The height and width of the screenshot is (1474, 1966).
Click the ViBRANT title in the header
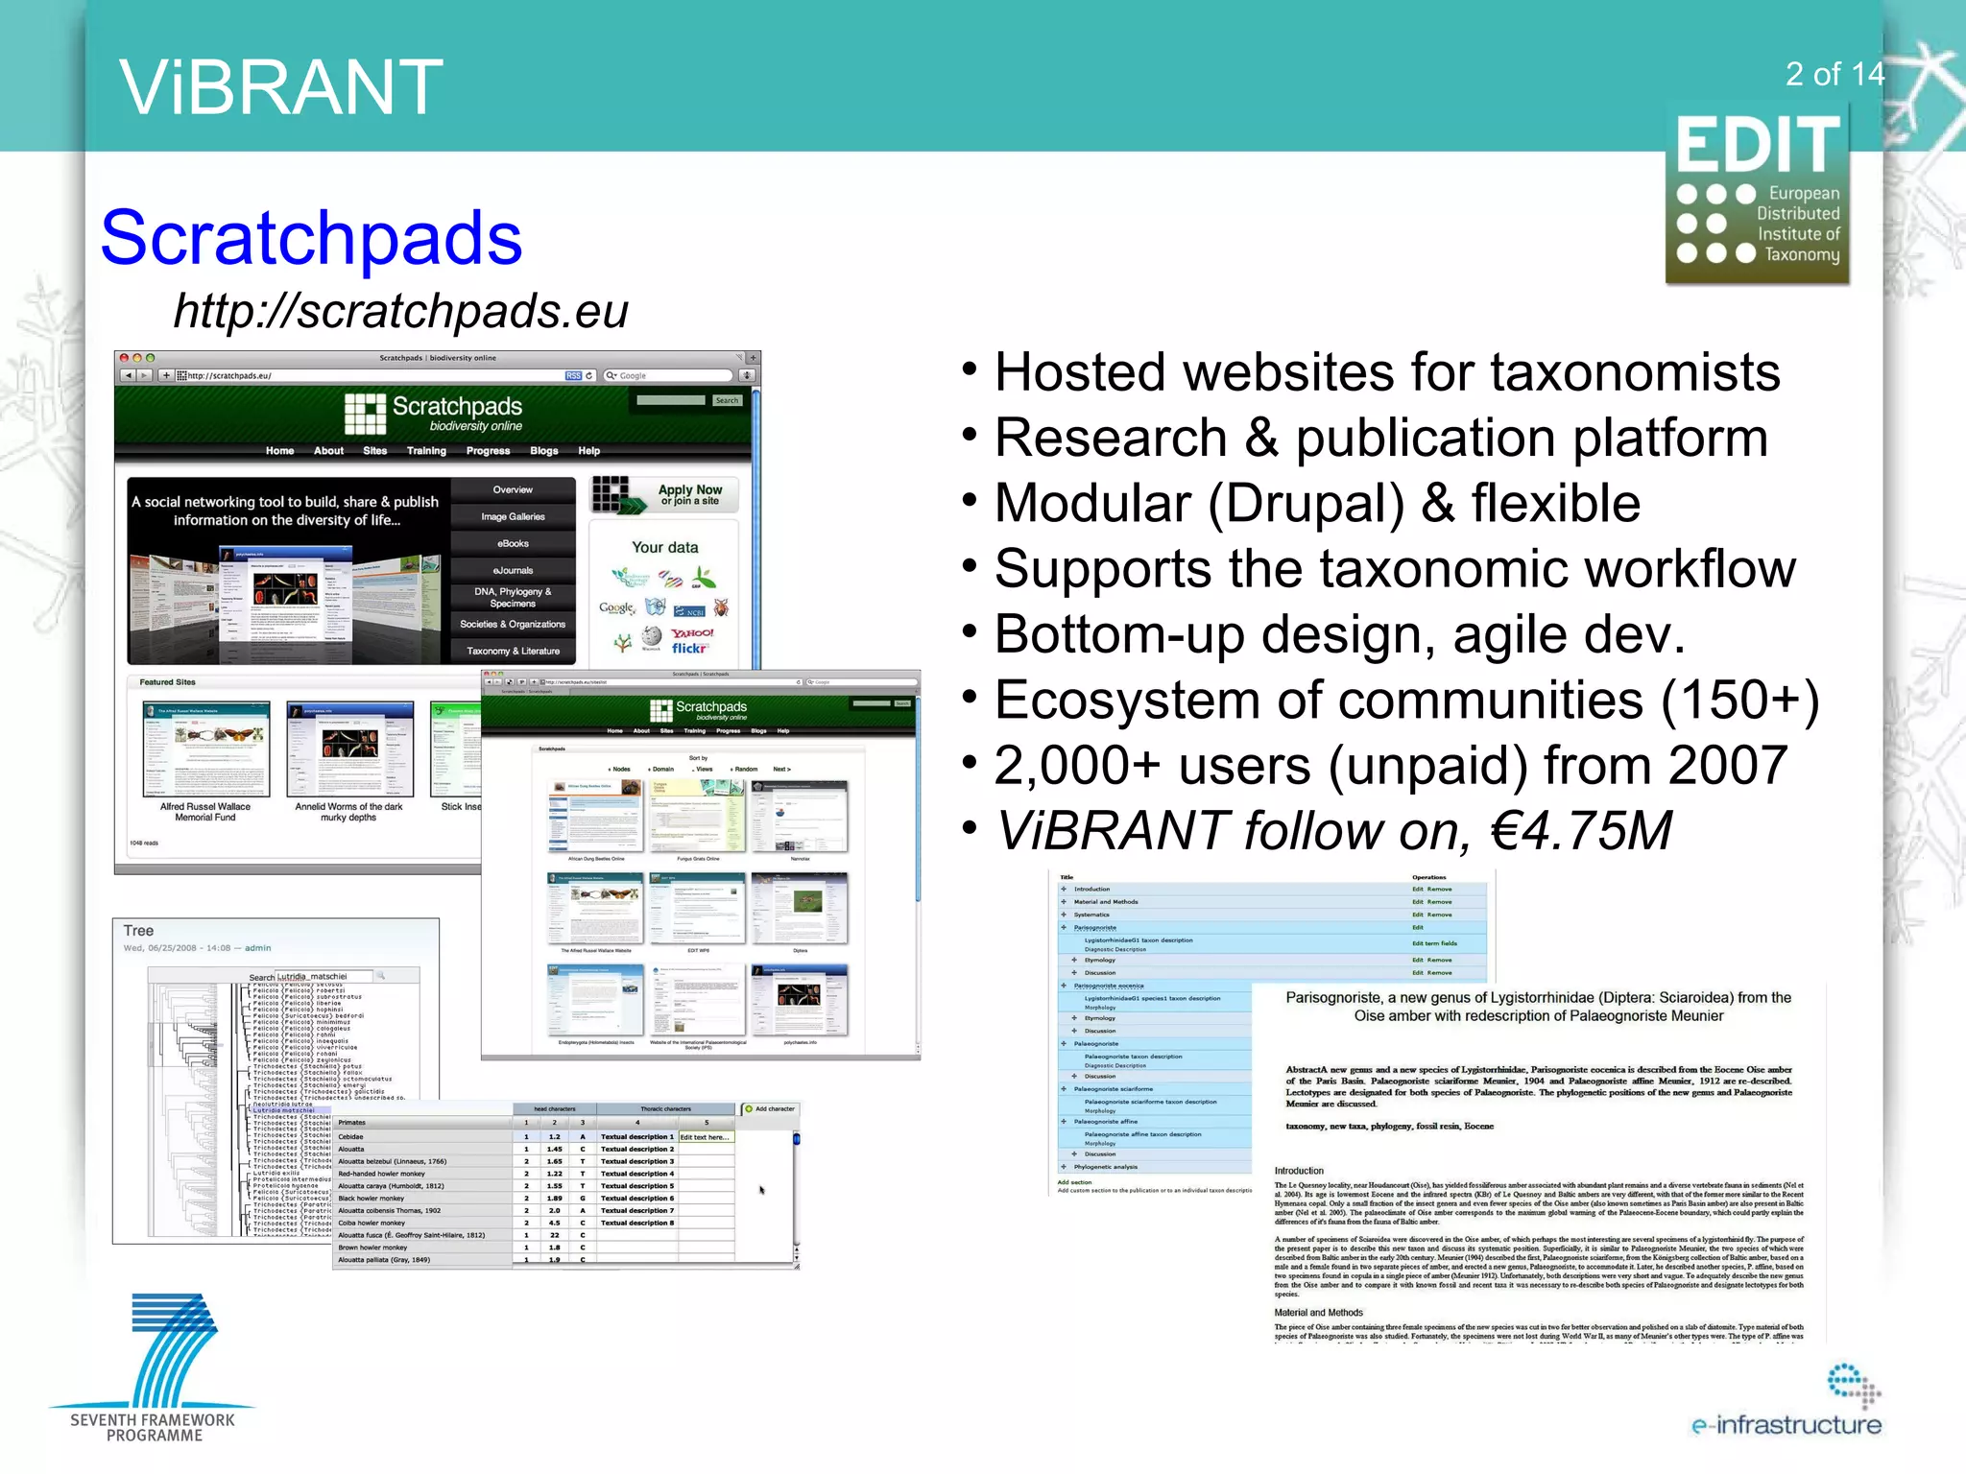tap(280, 87)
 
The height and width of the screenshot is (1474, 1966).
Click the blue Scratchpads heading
tap(311, 238)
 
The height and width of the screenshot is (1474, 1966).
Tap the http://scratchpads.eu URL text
tap(400, 311)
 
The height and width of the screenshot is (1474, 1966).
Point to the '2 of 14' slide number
tap(1834, 74)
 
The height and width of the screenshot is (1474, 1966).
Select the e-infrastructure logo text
tap(1786, 1425)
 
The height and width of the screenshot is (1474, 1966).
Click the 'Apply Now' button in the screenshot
tap(689, 494)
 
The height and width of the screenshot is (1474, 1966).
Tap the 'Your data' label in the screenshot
tap(664, 547)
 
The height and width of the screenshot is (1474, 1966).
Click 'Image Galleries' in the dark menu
tap(513, 516)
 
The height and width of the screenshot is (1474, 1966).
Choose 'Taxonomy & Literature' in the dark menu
tap(513, 651)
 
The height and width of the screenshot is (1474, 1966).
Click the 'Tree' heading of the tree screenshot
tap(138, 931)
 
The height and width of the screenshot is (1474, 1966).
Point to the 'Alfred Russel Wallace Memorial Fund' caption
tap(204, 812)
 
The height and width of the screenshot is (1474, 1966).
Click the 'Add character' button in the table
tap(770, 1109)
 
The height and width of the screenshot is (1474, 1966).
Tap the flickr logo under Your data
tap(689, 649)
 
